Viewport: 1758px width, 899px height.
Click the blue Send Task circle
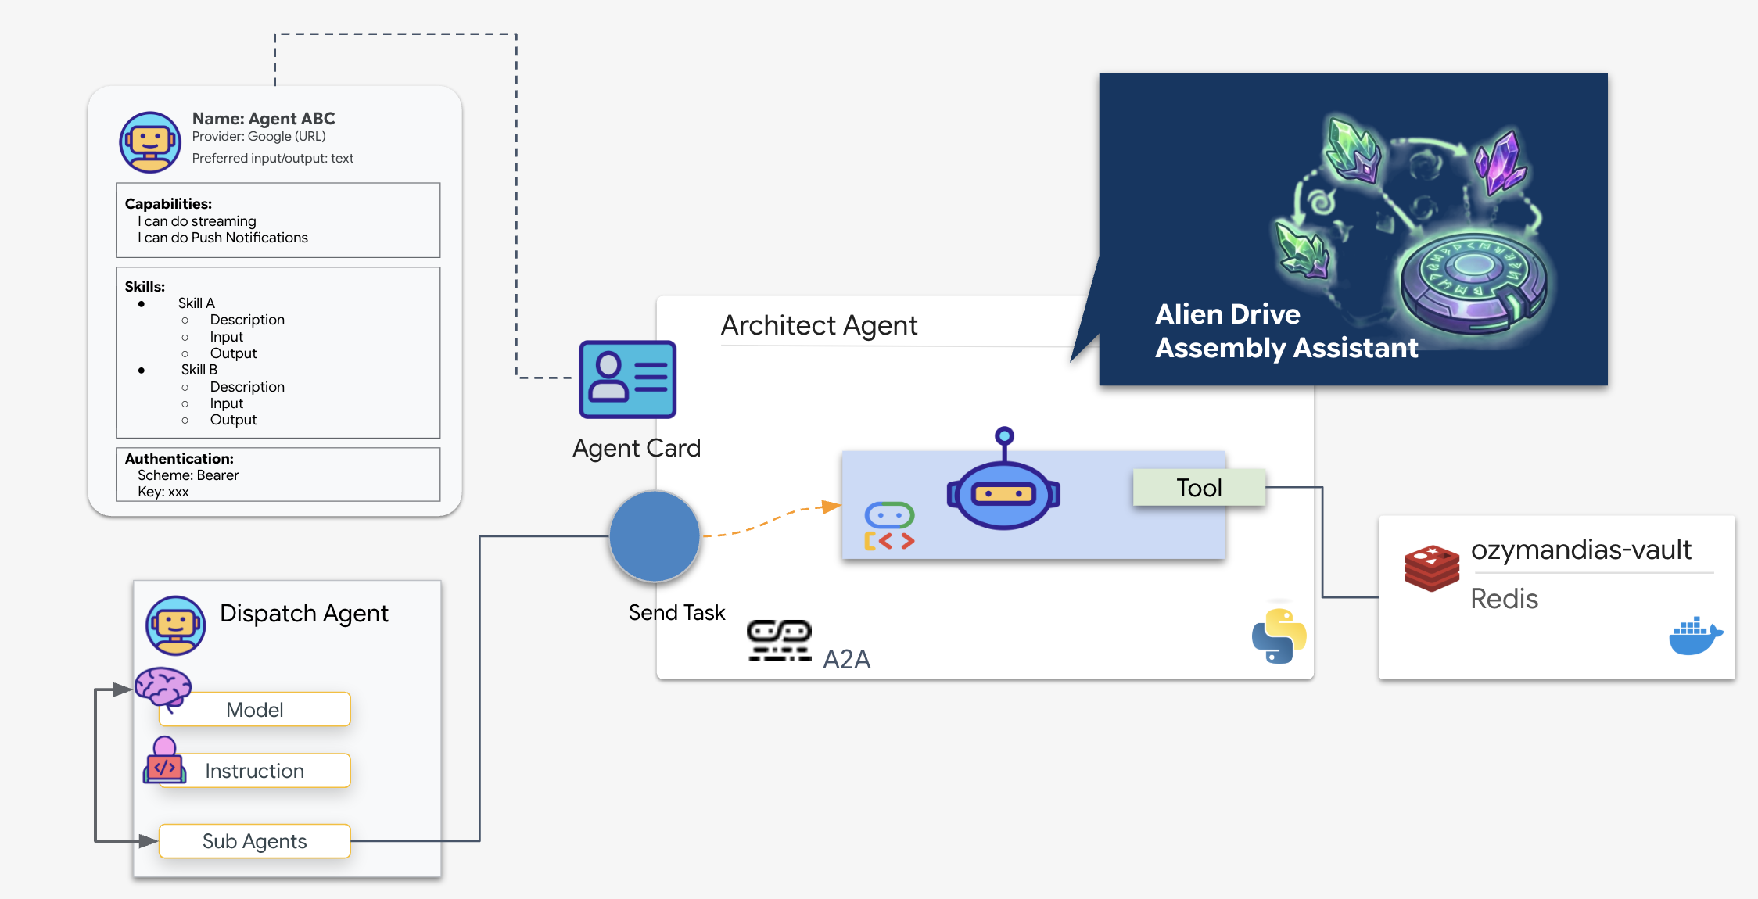(x=655, y=536)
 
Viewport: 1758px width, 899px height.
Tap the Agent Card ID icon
(x=627, y=380)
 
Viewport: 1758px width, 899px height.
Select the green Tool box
(x=1199, y=488)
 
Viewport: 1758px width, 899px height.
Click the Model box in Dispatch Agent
(x=255, y=710)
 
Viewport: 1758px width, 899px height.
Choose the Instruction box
(x=255, y=771)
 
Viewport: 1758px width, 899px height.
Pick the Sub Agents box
(x=255, y=841)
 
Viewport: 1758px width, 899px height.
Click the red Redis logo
(x=1431, y=568)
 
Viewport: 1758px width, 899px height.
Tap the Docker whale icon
(x=1695, y=636)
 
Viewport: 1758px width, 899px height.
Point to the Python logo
(x=1279, y=636)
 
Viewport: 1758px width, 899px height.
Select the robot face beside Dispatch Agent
(x=176, y=625)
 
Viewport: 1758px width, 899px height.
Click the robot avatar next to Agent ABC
(x=150, y=142)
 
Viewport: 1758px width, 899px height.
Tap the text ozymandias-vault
(x=1580, y=550)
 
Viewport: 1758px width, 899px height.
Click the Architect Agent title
(x=819, y=325)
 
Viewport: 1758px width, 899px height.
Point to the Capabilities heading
(x=168, y=204)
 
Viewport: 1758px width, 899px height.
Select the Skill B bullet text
(x=199, y=370)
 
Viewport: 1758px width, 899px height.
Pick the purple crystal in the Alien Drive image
(x=1498, y=163)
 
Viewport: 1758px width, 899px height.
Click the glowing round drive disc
(x=1472, y=281)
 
